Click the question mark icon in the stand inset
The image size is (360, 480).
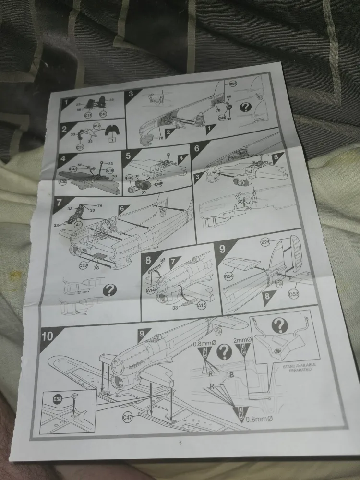coord(280,325)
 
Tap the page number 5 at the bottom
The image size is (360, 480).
coord(180,443)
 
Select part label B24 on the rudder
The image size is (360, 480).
coord(265,243)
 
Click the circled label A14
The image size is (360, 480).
coord(150,290)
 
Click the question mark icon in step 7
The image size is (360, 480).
coord(110,289)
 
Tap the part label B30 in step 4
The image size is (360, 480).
coord(63,182)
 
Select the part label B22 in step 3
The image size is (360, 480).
coord(233,84)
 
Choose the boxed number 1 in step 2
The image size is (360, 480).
coord(111,139)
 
